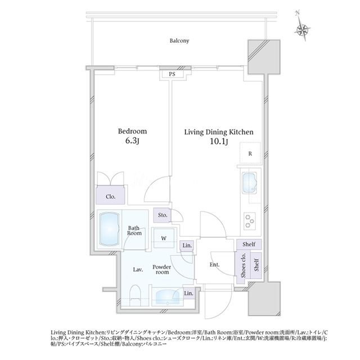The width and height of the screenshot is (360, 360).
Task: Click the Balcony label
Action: (x=179, y=41)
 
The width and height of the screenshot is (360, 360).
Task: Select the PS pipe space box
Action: (x=172, y=74)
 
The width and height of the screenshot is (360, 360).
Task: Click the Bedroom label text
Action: (x=132, y=131)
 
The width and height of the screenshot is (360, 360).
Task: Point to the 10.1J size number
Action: (x=219, y=142)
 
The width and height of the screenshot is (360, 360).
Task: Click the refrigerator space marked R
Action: (x=250, y=154)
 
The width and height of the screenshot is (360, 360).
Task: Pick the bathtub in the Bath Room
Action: (x=109, y=229)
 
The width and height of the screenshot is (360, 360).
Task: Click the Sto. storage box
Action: (x=162, y=215)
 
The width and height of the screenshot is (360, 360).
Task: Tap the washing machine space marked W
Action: (x=164, y=238)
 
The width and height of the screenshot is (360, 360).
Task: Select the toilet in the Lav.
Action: (x=135, y=296)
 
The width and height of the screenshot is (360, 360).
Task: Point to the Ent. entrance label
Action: (x=214, y=265)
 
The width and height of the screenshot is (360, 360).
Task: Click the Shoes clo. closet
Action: (x=243, y=265)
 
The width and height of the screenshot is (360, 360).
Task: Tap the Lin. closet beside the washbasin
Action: (x=189, y=293)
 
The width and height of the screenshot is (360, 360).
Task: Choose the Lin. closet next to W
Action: (x=187, y=245)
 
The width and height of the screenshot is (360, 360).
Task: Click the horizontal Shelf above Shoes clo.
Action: (x=249, y=244)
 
